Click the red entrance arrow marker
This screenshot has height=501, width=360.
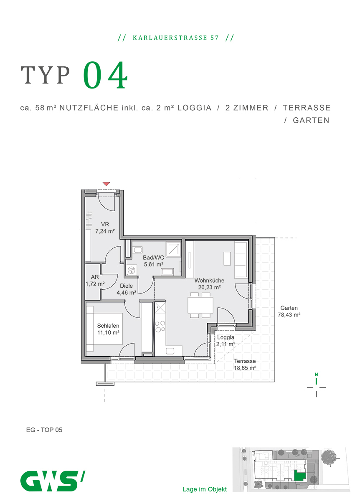[106, 184]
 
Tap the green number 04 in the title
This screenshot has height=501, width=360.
[105, 76]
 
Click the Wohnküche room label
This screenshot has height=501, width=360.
[209, 281]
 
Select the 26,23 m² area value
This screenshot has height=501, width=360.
[209, 287]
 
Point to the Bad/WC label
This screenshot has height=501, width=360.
[154, 258]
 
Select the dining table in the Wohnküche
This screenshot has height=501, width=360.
[200, 305]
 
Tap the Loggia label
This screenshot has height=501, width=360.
[226, 337]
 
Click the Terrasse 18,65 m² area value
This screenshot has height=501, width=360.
[245, 368]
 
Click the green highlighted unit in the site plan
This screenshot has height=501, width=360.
[299, 476]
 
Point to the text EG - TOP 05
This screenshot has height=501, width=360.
[44, 430]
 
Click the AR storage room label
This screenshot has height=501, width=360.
[94, 277]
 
